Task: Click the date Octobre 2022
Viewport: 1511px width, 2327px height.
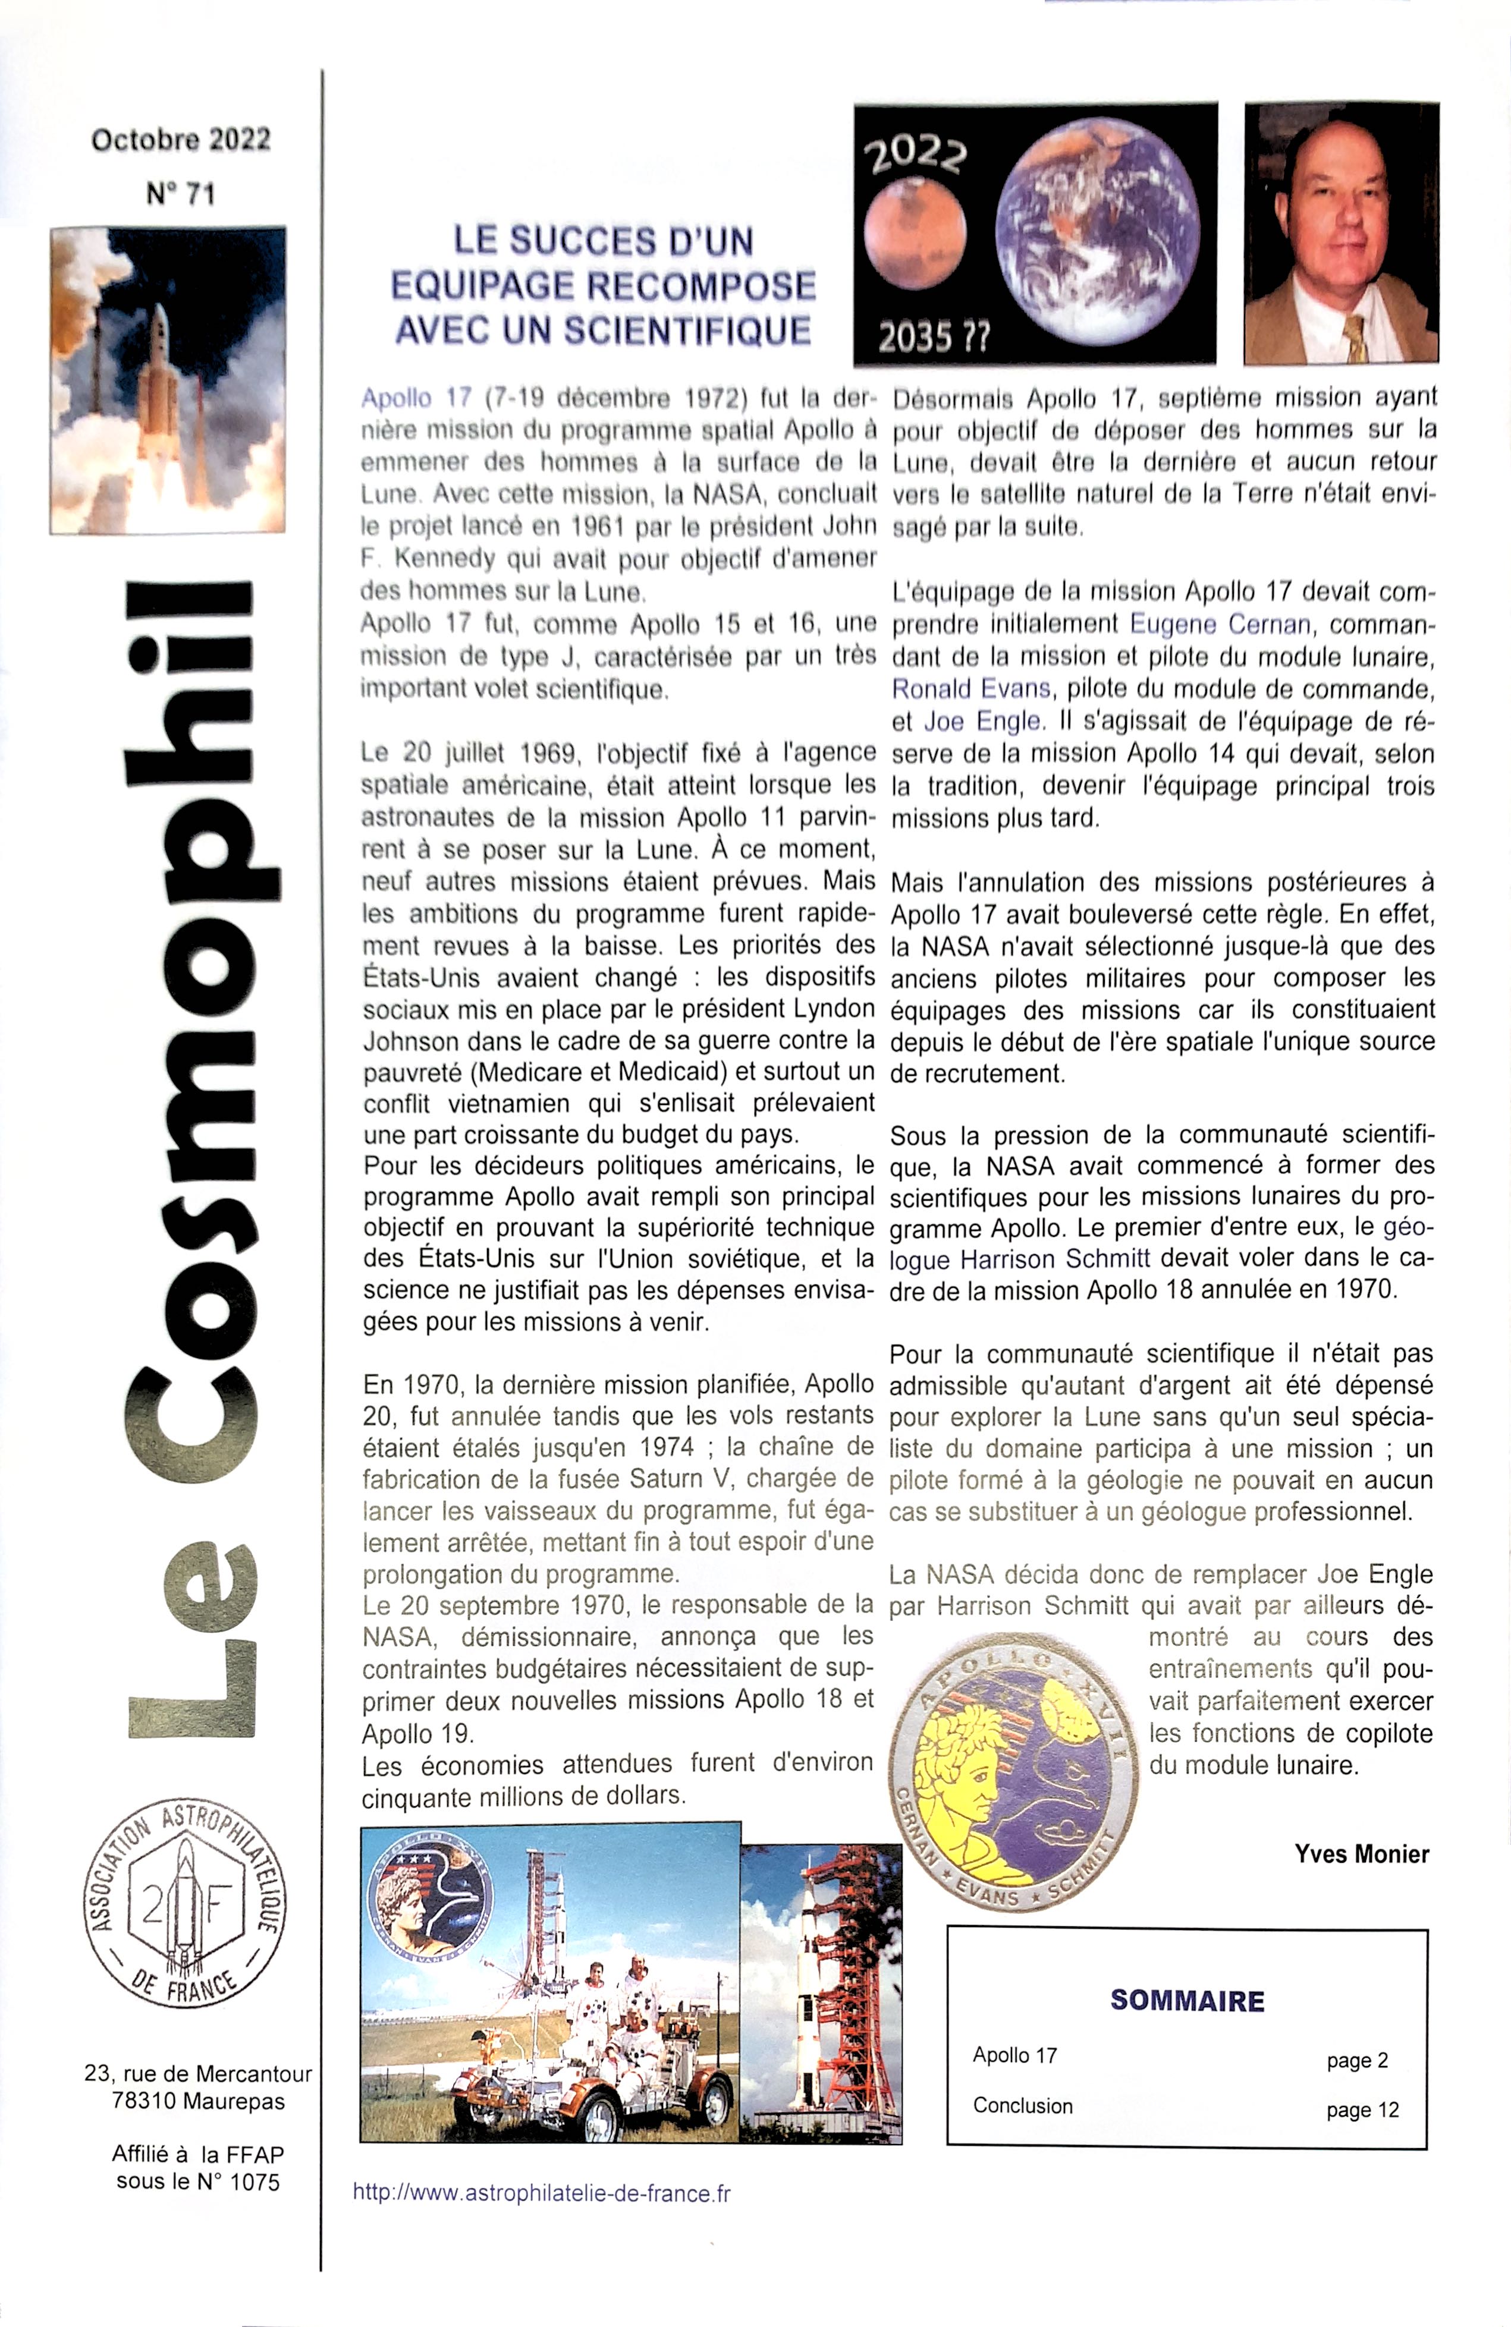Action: tap(181, 140)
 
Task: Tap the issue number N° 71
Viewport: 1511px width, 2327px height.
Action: tap(181, 194)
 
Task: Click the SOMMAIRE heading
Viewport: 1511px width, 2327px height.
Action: tap(1188, 2001)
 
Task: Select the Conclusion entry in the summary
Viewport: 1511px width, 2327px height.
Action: tap(1022, 2106)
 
